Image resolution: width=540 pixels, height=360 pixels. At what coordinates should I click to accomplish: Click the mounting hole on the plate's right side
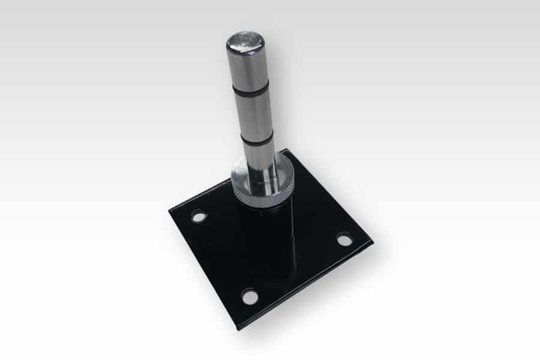pyautogui.click(x=344, y=239)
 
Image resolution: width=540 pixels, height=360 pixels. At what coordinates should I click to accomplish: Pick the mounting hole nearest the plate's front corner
pyautogui.click(x=250, y=296)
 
